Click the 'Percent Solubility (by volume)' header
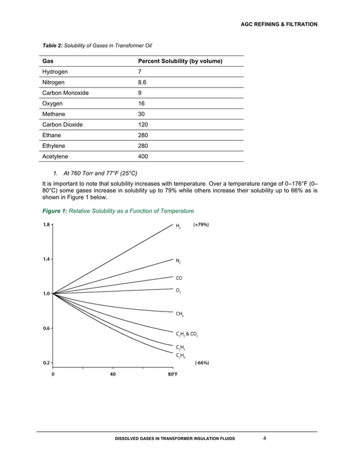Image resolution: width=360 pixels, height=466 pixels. [x=179, y=61]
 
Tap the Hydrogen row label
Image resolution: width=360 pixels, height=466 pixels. [x=55, y=72]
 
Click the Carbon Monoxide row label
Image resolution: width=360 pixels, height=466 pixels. [x=65, y=93]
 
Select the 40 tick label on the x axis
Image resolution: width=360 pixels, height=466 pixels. [x=113, y=374]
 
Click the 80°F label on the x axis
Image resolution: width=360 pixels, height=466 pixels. [x=172, y=374]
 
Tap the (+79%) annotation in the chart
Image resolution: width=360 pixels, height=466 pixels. [x=201, y=225]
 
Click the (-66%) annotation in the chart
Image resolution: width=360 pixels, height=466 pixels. [x=201, y=363]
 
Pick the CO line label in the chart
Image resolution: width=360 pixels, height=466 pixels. [x=179, y=278]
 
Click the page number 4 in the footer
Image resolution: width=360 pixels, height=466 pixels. [x=265, y=438]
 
